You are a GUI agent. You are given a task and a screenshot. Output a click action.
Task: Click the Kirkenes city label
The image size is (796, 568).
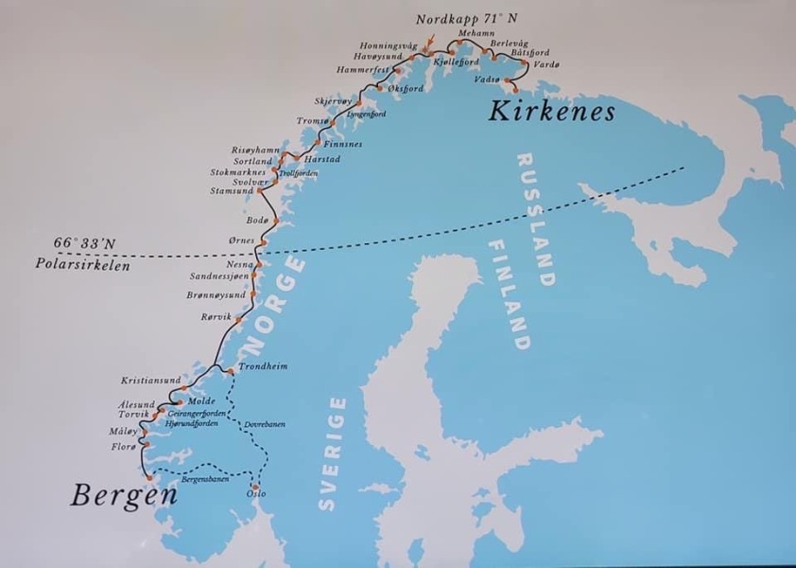pyautogui.click(x=551, y=113)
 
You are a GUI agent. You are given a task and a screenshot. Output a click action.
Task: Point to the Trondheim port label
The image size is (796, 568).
pyautogui.click(x=262, y=366)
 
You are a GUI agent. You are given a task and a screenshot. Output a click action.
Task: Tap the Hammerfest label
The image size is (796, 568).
pyautogui.click(x=364, y=70)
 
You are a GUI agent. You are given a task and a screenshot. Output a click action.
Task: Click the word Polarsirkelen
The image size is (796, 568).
pyautogui.click(x=65, y=265)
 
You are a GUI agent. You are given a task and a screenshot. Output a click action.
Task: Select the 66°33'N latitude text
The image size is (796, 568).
pyautogui.click(x=84, y=243)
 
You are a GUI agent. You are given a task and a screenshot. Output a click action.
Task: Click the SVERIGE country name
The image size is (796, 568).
pyautogui.click(x=328, y=454)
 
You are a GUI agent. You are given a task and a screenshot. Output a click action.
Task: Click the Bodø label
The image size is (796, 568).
pyautogui.click(x=258, y=221)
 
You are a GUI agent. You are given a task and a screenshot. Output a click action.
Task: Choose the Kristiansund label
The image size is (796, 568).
pyautogui.click(x=150, y=381)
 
